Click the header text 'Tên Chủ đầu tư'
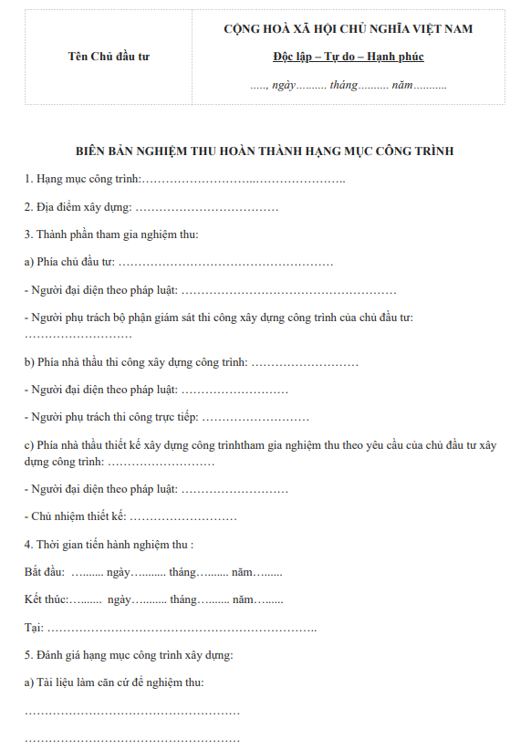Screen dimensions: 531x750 109,57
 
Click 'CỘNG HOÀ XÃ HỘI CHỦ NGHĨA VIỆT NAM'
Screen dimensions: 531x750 348,29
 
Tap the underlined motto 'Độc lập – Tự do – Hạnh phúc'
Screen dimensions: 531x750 348,57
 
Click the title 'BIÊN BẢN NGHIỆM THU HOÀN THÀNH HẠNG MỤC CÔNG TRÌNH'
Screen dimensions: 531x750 265,151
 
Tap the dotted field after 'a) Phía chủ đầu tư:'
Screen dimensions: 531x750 225,263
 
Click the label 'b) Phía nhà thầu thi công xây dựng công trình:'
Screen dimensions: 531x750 136,362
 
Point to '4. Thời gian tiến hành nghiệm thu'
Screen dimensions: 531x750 109,545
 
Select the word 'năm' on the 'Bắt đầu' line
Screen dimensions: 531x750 241,573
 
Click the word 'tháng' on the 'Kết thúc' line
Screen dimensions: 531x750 183,600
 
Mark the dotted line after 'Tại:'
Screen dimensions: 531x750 182,629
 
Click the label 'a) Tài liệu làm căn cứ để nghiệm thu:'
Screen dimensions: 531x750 114,682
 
